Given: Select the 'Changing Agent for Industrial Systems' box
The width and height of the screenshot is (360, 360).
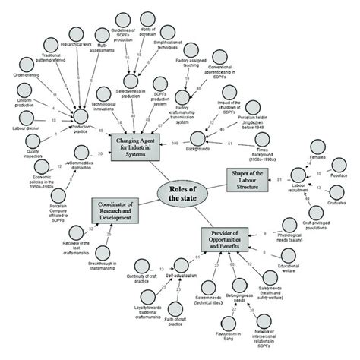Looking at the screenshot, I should coord(137,144).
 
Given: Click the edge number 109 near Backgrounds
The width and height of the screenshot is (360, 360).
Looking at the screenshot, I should coord(176,144).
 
